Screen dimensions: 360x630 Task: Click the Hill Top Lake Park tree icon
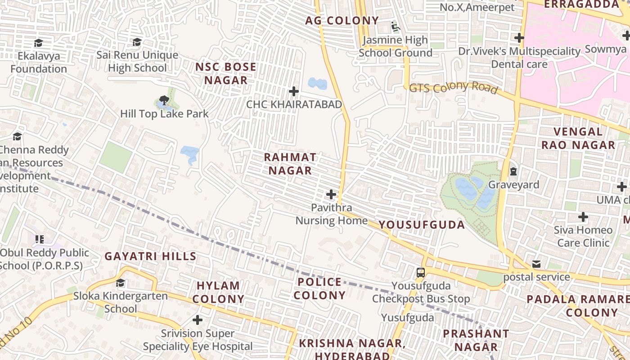pyautogui.click(x=164, y=100)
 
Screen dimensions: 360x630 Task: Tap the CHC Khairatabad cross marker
pyautogui.click(x=294, y=91)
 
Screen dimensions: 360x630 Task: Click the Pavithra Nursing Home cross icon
pyautogui.click(x=331, y=194)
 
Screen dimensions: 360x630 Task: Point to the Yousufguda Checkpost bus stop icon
pyautogui.click(x=420, y=272)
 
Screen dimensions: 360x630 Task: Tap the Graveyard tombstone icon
pyautogui.click(x=513, y=171)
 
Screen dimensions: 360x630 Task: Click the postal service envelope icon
pyautogui.click(x=536, y=264)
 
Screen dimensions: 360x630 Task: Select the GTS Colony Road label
pyautogui.click(x=453, y=87)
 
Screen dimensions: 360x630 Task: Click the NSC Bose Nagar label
pyautogui.click(x=226, y=74)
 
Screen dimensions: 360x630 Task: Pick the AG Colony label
pyautogui.click(x=342, y=21)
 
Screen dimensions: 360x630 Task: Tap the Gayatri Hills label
pyautogui.click(x=150, y=256)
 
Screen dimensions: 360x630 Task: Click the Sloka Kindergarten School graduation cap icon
pyautogui.click(x=120, y=283)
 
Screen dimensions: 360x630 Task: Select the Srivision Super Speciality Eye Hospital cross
pyautogui.click(x=198, y=320)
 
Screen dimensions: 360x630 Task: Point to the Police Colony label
pyautogui.click(x=319, y=288)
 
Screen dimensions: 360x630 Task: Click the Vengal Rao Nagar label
pyautogui.click(x=578, y=138)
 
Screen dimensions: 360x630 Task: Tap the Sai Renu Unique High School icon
pyautogui.click(x=137, y=42)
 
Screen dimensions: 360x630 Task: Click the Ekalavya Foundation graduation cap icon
pyautogui.click(x=39, y=43)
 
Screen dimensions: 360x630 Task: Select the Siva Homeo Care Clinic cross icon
pyautogui.click(x=583, y=217)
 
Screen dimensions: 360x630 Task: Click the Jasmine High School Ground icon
pyautogui.click(x=396, y=27)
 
